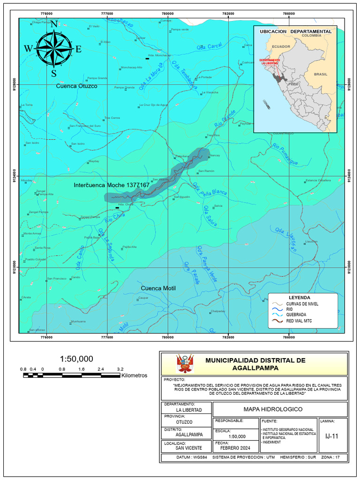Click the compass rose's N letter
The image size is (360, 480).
click(x=54, y=24)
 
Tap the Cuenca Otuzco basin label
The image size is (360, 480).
click(x=77, y=86)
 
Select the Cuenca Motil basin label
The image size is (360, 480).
click(x=158, y=288)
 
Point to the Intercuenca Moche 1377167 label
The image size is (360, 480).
click(x=112, y=185)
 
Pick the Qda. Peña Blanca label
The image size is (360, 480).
click(x=210, y=189)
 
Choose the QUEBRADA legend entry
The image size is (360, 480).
click(x=296, y=315)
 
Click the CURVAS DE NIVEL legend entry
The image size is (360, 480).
click(x=302, y=304)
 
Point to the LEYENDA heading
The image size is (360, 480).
click(x=300, y=298)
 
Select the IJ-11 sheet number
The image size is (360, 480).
click(x=331, y=436)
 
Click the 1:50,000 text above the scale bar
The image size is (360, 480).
click(x=76, y=359)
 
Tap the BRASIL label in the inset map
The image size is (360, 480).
click(x=321, y=74)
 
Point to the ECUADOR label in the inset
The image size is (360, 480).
click(x=281, y=47)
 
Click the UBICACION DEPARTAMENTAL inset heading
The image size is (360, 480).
click(x=295, y=31)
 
